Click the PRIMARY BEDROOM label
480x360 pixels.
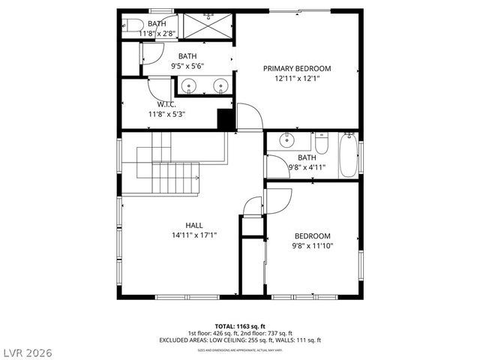(x=296, y=68)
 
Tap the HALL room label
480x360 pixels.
(x=194, y=225)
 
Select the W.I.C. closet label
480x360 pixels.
(x=166, y=104)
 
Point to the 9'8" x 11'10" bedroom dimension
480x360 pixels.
(x=312, y=245)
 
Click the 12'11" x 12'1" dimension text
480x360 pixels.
(x=296, y=79)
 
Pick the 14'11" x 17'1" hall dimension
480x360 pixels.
(x=194, y=235)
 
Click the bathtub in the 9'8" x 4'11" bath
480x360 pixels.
(x=349, y=154)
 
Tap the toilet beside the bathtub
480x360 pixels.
(x=322, y=142)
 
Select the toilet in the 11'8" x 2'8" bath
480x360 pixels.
(x=129, y=22)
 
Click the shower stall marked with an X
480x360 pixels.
(x=206, y=25)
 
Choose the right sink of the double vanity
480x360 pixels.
(x=220, y=85)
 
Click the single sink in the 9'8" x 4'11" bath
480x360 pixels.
(x=286, y=140)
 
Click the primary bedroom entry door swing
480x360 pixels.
(x=249, y=115)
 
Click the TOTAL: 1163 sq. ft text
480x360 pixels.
(x=240, y=325)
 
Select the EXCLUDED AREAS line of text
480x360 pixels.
(x=240, y=340)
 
